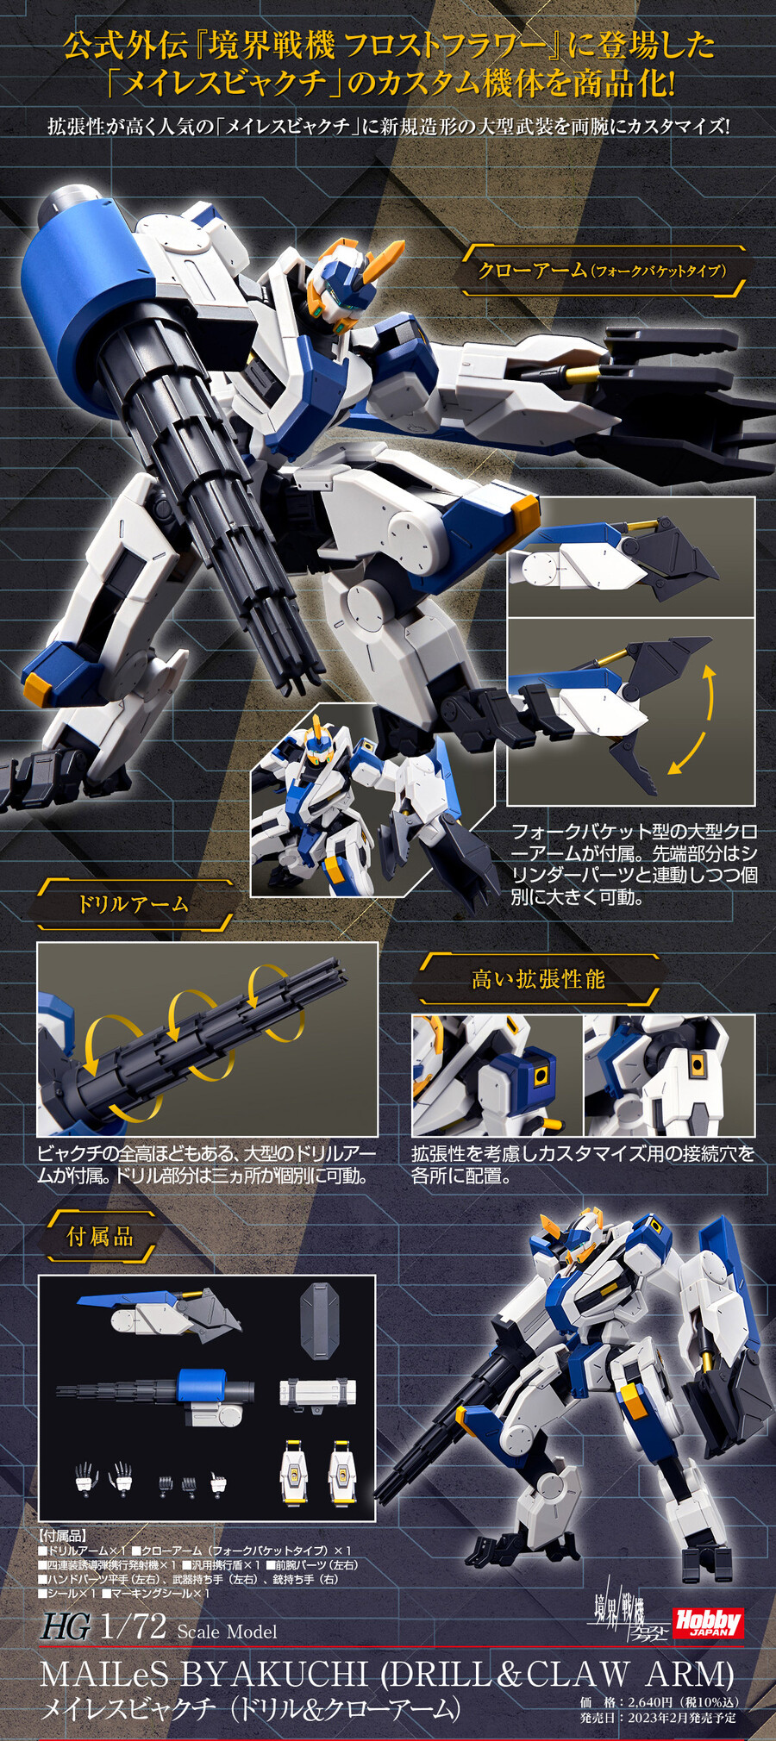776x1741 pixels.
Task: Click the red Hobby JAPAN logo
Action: point(707,1623)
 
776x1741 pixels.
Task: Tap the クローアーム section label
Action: point(603,271)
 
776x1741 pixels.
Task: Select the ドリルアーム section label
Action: point(134,904)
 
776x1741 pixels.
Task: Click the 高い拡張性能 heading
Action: point(538,979)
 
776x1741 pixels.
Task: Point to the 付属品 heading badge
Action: point(100,1237)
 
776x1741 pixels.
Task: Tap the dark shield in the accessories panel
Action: point(319,1321)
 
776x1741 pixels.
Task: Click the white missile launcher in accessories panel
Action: point(317,1393)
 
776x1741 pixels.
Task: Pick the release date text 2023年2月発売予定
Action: point(681,1717)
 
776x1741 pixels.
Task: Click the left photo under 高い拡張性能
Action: point(497,1076)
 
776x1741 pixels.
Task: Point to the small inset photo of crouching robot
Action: point(372,800)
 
